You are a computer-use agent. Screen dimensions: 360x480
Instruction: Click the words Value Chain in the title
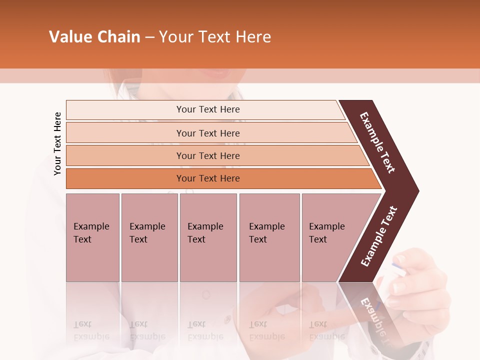pos(94,37)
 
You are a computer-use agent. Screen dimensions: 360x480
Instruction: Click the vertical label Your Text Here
pos(57,143)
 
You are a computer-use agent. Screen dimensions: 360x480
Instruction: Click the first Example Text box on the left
pos(92,237)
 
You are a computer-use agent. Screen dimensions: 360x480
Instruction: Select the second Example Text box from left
pos(149,237)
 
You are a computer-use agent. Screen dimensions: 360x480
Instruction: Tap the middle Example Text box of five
pos(208,237)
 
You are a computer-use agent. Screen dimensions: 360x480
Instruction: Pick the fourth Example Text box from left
pos(269,237)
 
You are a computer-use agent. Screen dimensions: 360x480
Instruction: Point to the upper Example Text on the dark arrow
pos(377,142)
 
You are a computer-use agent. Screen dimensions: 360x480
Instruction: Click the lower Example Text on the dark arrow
pos(379,236)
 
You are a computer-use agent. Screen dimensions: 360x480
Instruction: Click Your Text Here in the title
pos(215,37)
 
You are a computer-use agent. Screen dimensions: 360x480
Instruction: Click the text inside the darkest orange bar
pos(208,178)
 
